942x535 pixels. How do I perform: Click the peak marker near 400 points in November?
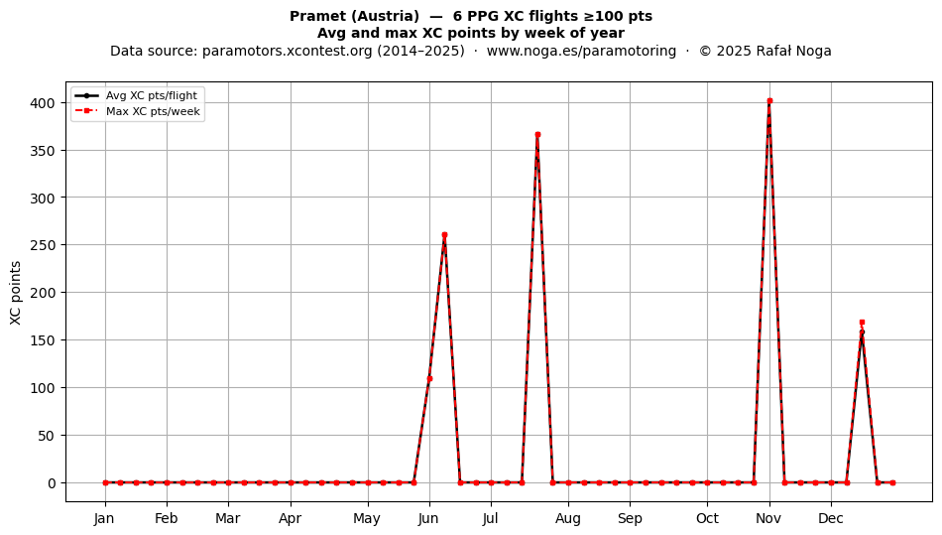pos(769,101)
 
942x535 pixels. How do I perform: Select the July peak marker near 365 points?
pos(537,135)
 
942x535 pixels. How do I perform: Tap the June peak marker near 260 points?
pos(444,235)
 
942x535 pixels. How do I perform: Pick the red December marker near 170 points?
pos(862,323)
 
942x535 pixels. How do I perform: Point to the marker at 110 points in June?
pos(429,379)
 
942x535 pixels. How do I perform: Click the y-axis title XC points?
pos(16,293)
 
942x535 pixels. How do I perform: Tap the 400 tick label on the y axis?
pos(42,103)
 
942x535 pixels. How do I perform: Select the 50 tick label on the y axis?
pos(47,435)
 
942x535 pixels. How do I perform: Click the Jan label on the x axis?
pos(104,518)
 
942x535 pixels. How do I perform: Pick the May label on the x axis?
pos(367,519)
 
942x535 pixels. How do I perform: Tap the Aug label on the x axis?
pos(568,519)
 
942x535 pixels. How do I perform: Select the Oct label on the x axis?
pos(707,518)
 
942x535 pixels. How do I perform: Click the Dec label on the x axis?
pos(831,518)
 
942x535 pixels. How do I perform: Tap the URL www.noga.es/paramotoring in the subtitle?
pos(581,51)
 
